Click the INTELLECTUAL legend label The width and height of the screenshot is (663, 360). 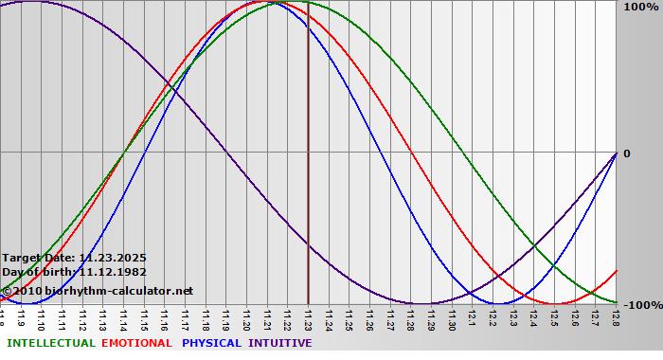49,343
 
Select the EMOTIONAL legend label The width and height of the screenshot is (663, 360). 136,343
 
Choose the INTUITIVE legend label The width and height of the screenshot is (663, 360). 280,343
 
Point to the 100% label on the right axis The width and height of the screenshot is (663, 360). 641,7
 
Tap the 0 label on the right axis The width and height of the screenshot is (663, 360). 625,153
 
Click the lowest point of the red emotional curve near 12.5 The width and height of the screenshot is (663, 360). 555,304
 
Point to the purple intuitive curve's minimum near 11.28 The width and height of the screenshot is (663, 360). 421,304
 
